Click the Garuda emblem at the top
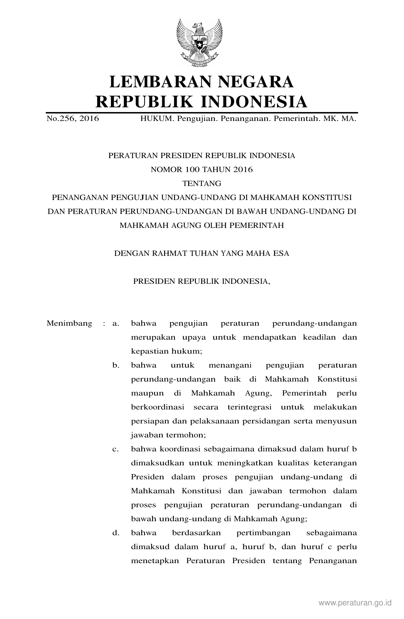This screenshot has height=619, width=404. (x=199, y=43)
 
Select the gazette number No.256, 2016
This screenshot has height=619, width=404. (x=73, y=119)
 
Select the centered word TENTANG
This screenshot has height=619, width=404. (x=202, y=183)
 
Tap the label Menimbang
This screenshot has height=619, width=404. (x=69, y=323)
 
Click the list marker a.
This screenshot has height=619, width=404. (x=116, y=323)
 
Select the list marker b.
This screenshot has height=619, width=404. (x=116, y=365)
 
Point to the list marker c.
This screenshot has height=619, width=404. (x=116, y=449)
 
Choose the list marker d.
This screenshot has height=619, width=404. (x=116, y=533)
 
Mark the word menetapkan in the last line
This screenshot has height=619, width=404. (x=155, y=561)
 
